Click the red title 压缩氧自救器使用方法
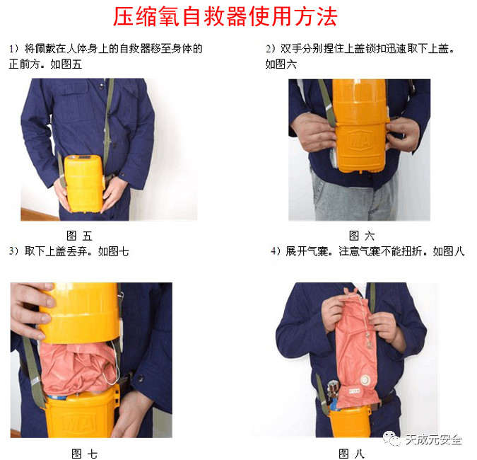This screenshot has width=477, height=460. pyautogui.click(x=225, y=16)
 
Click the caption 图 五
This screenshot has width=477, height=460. pyautogui.click(x=79, y=236)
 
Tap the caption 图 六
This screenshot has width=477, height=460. pyautogui.click(x=362, y=236)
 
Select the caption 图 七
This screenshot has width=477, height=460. pyautogui.click(x=84, y=454)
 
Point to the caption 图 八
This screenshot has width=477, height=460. pyautogui.click(x=351, y=454)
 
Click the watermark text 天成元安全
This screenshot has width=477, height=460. pyautogui.click(x=433, y=439)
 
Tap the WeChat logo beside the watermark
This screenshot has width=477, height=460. pyautogui.click(x=391, y=438)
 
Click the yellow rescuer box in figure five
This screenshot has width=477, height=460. pyautogui.click(x=84, y=183)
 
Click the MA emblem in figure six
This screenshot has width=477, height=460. pyautogui.click(x=360, y=140)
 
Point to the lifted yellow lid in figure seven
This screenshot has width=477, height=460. pyautogui.click(x=80, y=311)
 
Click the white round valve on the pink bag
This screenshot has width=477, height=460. pyautogui.click(x=364, y=379)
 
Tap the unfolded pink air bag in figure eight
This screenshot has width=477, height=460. pyautogui.click(x=356, y=347)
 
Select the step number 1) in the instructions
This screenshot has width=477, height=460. pyautogui.click(x=13, y=48)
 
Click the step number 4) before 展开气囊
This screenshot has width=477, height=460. pyautogui.click(x=276, y=251)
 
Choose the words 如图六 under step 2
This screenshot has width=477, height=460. pyautogui.click(x=281, y=64)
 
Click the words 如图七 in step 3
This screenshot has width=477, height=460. pyautogui.click(x=113, y=251)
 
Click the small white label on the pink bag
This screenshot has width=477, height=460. pyautogui.click(x=354, y=391)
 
